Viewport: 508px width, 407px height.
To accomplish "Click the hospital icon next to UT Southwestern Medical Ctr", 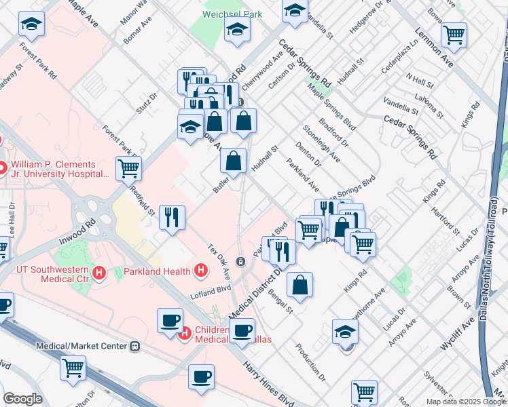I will [100, 273].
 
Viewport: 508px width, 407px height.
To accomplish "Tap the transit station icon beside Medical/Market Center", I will [135, 347].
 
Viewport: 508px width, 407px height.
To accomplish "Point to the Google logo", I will [22, 399].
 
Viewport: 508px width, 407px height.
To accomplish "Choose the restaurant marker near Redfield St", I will [172, 217].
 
